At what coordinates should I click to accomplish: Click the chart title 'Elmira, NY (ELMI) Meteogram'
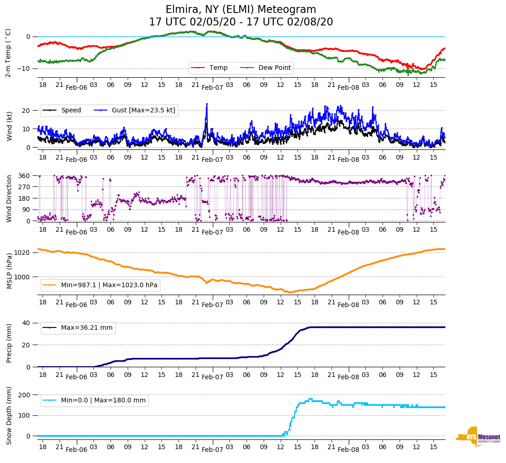pyautogui.click(x=241, y=10)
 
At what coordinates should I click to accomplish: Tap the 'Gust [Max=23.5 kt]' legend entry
pyautogui.click(x=134, y=110)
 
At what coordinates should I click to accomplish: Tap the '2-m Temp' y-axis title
pyautogui.click(x=8, y=53)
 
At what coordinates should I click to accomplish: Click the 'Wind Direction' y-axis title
pyautogui.click(x=9, y=198)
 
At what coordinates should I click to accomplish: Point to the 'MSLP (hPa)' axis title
pyautogui.click(x=9, y=271)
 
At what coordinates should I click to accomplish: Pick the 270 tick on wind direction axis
pyautogui.click(x=25, y=187)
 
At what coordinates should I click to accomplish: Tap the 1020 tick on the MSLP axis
pyautogui.click(x=23, y=253)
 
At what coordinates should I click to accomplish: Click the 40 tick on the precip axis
pyautogui.click(x=27, y=323)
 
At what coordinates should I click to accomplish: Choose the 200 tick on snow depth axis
pyautogui.click(x=25, y=395)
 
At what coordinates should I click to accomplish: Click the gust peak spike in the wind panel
pyautogui.click(x=207, y=104)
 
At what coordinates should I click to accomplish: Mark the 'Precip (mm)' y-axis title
pyautogui.click(x=9, y=344)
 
